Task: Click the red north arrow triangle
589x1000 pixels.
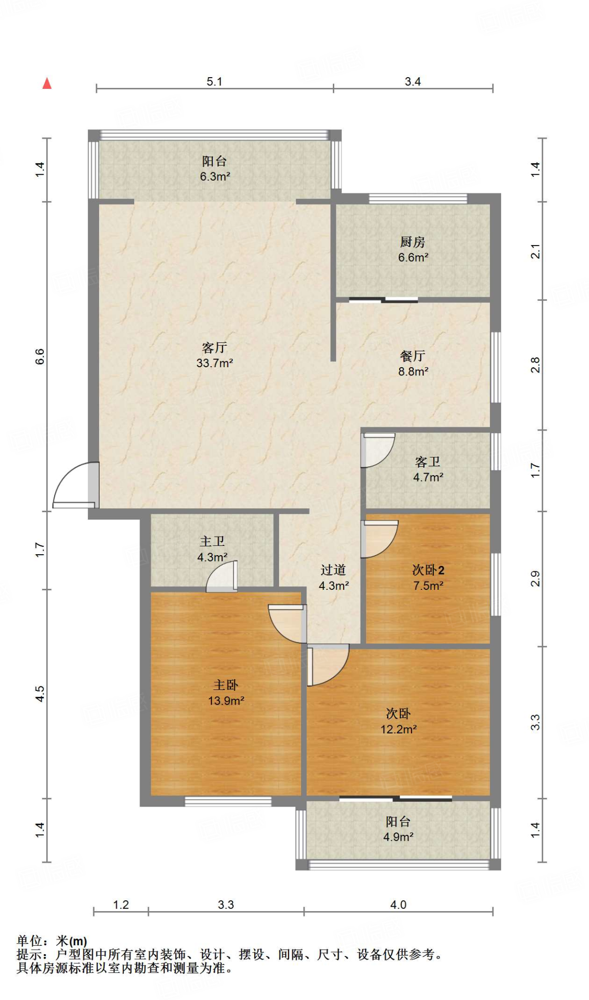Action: [47, 83]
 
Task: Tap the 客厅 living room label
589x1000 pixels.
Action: [214, 355]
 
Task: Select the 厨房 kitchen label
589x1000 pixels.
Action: [413, 249]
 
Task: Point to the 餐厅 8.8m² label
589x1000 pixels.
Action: [413, 363]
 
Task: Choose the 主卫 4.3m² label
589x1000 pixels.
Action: [212, 549]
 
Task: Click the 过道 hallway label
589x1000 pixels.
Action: [333, 577]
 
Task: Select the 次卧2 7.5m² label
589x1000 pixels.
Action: [428, 577]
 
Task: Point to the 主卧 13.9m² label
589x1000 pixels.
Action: [226, 692]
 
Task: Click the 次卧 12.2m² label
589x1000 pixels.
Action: [398, 721]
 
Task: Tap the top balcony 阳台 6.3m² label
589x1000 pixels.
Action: [215, 168]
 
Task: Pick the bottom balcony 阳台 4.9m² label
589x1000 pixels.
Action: [398, 829]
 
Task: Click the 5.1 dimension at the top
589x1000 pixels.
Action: [214, 82]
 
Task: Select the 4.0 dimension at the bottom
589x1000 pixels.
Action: [398, 905]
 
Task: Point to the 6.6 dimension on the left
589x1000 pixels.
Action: [40, 356]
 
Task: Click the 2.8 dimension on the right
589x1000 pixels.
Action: [535, 365]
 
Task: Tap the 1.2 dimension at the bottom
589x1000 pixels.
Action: [121, 905]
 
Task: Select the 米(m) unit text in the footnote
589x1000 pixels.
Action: [71, 940]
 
